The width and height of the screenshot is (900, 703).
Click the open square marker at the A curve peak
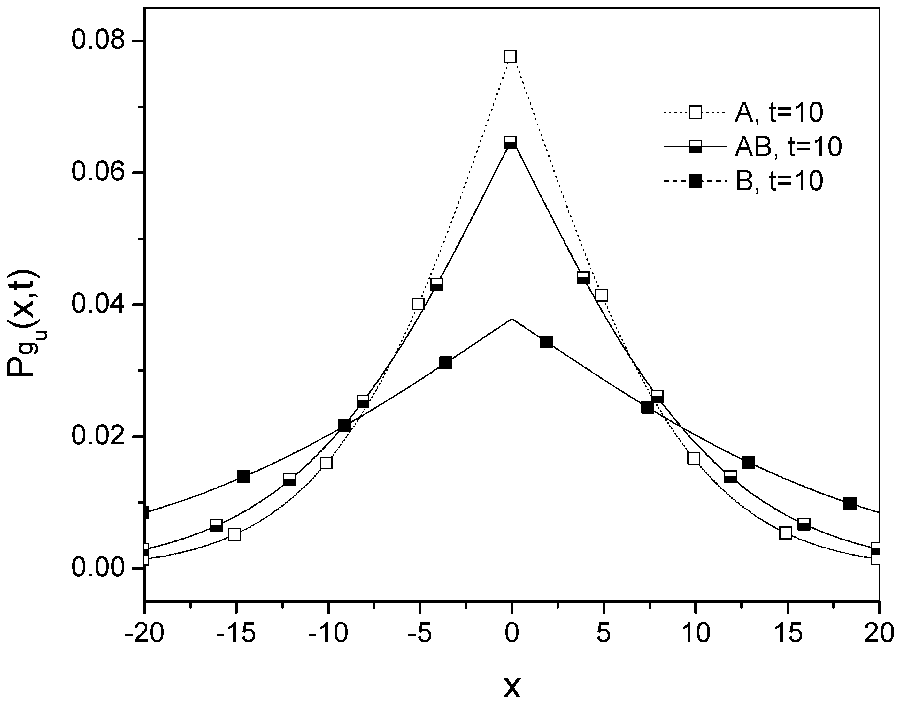pos(510,57)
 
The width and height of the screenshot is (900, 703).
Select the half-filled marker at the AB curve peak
pos(510,143)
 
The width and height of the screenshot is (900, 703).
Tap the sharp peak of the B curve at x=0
pos(512,319)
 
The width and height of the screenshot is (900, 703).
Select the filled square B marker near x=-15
pos(243,477)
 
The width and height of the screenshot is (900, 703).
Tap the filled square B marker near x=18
pos(850,503)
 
